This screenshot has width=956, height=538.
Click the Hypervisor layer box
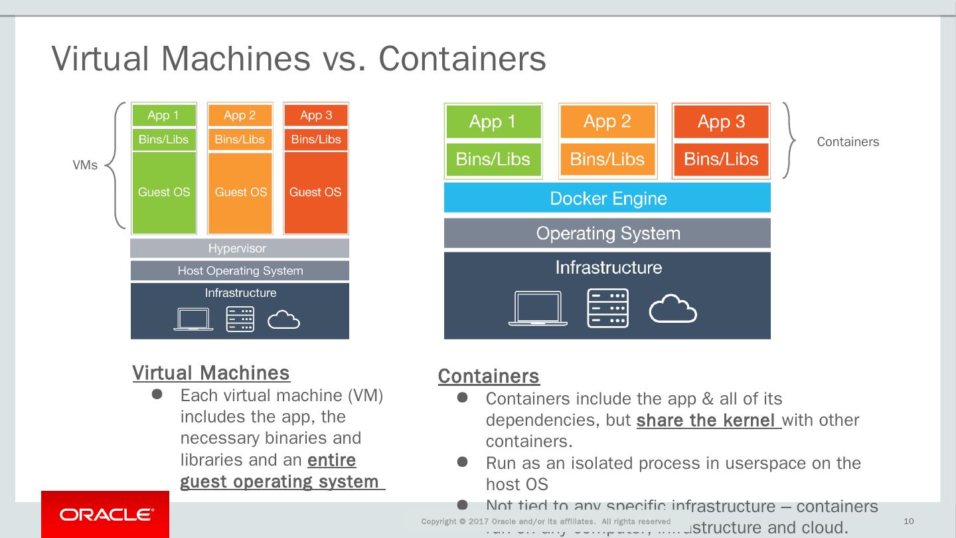(x=239, y=248)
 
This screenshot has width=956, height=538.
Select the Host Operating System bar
(x=239, y=270)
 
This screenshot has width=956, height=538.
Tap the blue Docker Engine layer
(x=607, y=198)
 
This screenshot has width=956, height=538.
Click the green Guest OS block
(x=164, y=193)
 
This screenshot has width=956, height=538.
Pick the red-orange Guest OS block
(x=315, y=193)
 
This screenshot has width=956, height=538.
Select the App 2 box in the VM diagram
(x=240, y=116)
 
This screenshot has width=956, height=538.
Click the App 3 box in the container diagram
(x=721, y=122)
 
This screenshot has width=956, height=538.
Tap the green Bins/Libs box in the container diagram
(x=493, y=159)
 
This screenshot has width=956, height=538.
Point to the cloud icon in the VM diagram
(x=283, y=320)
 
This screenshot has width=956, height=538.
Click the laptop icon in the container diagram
(x=538, y=309)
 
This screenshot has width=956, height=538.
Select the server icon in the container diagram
(x=607, y=308)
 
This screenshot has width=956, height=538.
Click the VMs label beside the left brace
(x=85, y=165)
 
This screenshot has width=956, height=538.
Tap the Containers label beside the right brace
(x=848, y=142)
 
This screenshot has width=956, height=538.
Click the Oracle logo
(x=106, y=515)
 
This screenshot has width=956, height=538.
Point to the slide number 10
(x=909, y=521)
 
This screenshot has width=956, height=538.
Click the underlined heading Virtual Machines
(x=211, y=373)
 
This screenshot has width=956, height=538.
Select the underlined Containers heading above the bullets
(x=489, y=377)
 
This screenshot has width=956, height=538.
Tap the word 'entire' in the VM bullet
(x=331, y=460)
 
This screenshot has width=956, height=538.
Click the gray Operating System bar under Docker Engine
(x=607, y=234)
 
